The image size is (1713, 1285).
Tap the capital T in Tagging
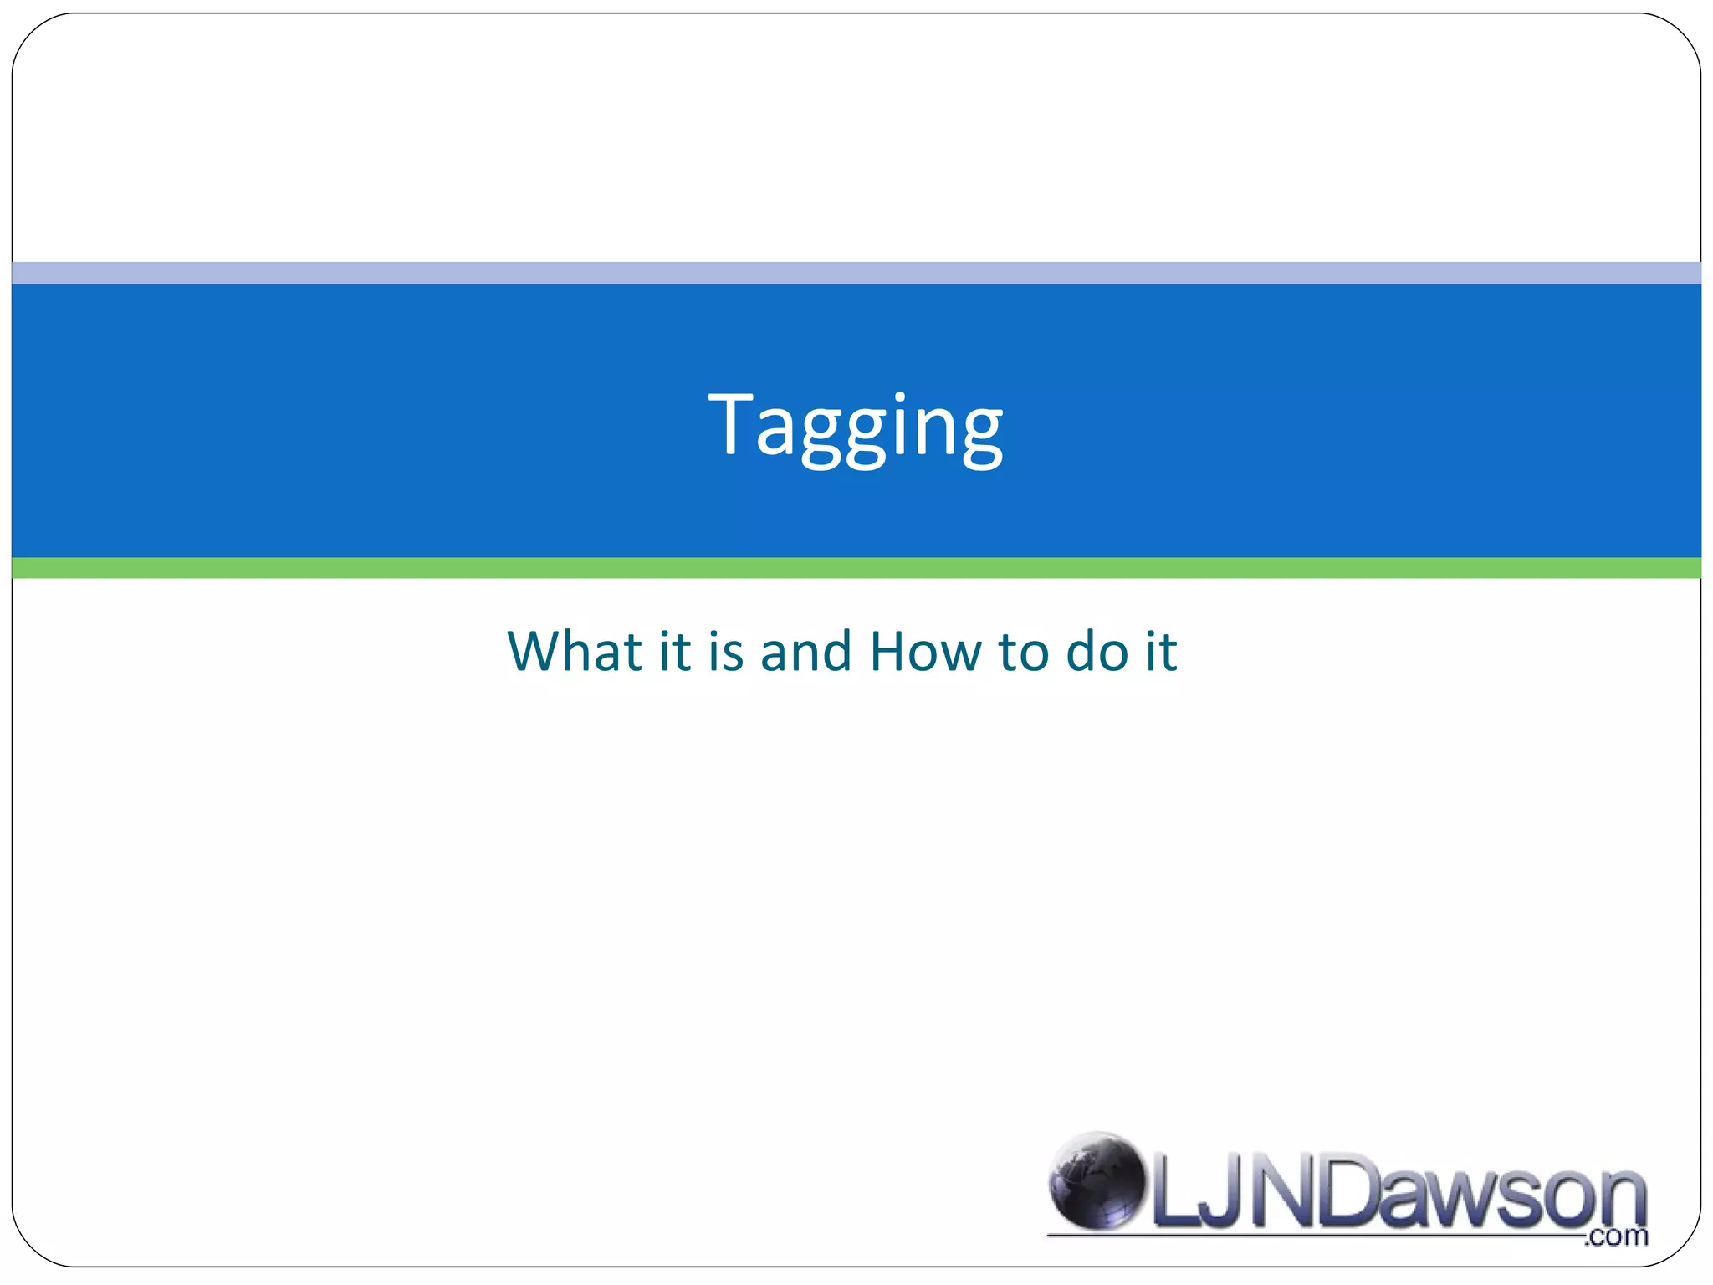coord(734,423)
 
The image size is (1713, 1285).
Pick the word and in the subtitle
coord(805,651)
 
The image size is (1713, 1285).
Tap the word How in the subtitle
coord(925,651)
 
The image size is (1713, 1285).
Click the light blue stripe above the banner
coord(856,273)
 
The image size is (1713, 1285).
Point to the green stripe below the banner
coord(856,568)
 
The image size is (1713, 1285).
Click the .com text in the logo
coord(1616,1236)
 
